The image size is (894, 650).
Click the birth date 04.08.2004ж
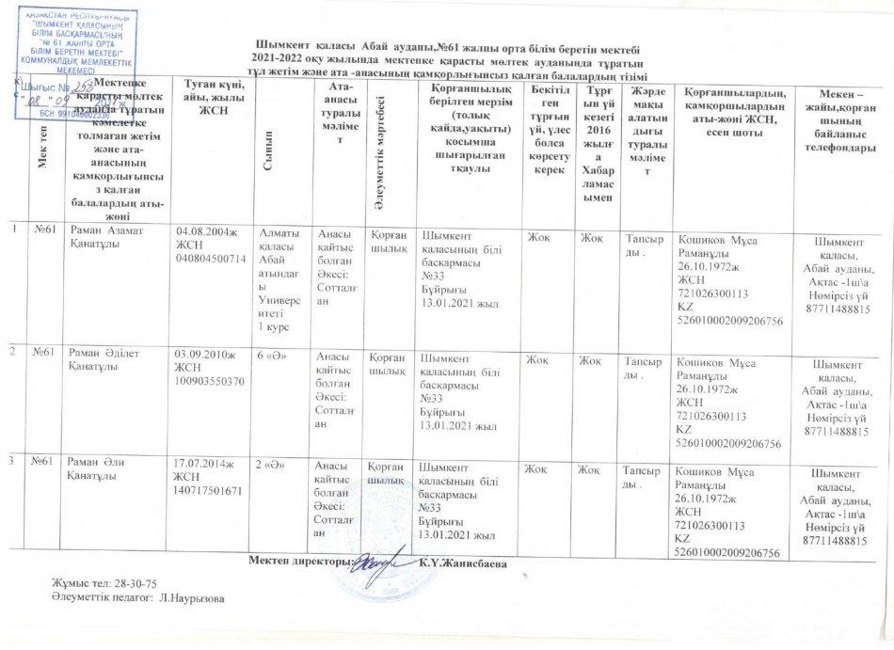208,230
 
